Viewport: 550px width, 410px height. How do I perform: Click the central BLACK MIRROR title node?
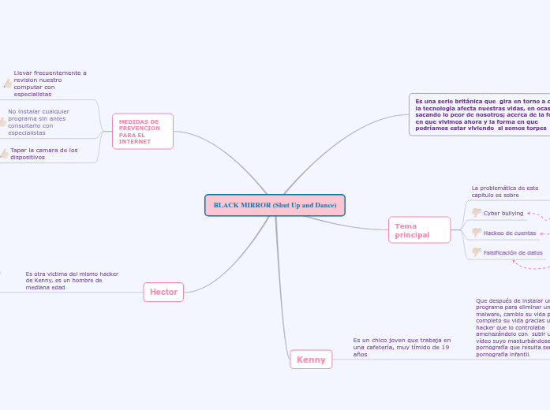275,205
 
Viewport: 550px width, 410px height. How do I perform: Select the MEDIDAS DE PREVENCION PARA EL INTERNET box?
143,132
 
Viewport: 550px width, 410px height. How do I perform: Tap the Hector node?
163,292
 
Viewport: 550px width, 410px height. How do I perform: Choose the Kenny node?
311,360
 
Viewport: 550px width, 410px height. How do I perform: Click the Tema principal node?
419,230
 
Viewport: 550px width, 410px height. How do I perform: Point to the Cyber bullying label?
503,213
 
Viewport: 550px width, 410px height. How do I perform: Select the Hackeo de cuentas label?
510,233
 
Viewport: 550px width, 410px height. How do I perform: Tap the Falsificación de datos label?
513,253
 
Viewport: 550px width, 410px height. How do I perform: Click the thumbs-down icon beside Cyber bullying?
477,212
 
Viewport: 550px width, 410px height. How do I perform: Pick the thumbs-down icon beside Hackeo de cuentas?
477,232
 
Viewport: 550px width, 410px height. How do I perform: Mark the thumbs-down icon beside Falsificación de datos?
477,252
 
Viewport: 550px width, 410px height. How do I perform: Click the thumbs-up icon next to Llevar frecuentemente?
7,83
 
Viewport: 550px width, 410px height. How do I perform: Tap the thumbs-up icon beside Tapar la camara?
4,154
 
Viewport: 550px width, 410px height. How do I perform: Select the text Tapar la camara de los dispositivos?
44,153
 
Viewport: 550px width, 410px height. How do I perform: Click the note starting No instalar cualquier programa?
39,122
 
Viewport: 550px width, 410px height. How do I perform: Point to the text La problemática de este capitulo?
505,192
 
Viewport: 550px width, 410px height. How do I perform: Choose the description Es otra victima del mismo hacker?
72,281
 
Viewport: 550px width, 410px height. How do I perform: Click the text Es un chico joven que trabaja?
402,347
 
